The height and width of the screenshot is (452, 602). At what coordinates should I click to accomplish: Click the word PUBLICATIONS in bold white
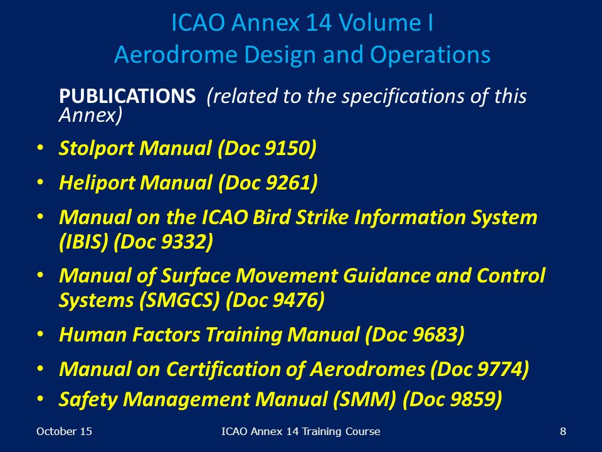pyautogui.click(x=127, y=96)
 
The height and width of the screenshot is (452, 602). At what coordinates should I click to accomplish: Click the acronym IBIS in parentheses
pyautogui.click(x=83, y=242)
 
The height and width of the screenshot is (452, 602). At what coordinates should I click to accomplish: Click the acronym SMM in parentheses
pyautogui.click(x=365, y=399)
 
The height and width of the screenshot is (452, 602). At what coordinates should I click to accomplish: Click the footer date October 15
pyautogui.click(x=64, y=431)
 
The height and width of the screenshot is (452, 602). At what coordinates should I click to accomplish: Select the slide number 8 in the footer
pyautogui.click(x=563, y=431)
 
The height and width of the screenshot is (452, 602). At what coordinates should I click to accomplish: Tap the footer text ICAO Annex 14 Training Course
pyautogui.click(x=300, y=431)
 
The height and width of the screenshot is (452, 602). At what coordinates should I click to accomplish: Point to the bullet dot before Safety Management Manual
pyautogui.click(x=40, y=399)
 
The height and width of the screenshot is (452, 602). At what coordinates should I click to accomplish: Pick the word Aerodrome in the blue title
pyautogui.click(x=176, y=55)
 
